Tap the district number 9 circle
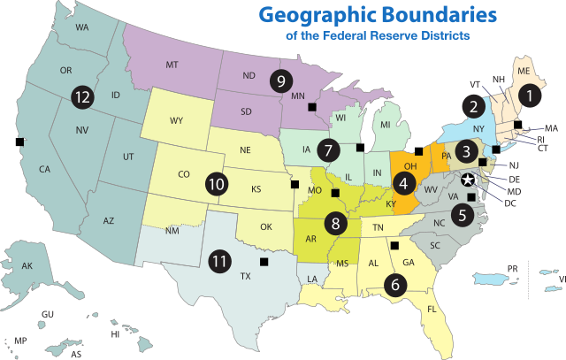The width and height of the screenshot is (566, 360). pyautogui.click(x=281, y=80)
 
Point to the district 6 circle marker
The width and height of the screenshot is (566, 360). pyautogui.click(x=394, y=284)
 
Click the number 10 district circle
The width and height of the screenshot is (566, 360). pyautogui.click(x=217, y=185)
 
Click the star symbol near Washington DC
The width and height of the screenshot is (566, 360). pyautogui.click(x=469, y=180)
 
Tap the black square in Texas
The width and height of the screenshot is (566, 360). pyautogui.click(x=263, y=261)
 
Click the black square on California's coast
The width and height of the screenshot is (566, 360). pyautogui.click(x=19, y=142)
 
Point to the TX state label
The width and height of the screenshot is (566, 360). pyautogui.click(x=245, y=275)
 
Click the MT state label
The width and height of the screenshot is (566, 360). pyautogui.click(x=172, y=65)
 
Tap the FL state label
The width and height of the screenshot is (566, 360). pyautogui.click(x=432, y=310)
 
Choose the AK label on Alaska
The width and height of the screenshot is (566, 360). pyautogui.click(x=27, y=266)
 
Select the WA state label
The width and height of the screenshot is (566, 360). pyautogui.click(x=82, y=27)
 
